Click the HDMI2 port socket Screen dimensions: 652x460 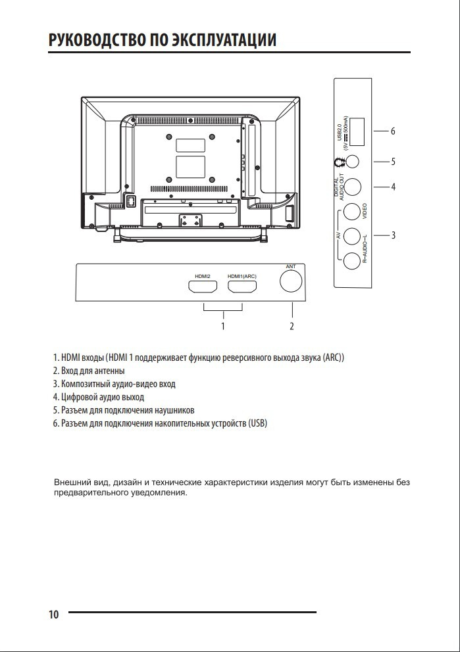pyautogui.click(x=202, y=287)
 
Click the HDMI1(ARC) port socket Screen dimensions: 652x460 pyautogui.click(x=242, y=287)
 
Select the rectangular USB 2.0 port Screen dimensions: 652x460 pyautogui.click(x=357, y=131)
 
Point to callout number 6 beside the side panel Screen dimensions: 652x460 pyautogui.click(x=393, y=131)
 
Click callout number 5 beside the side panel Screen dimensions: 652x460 pyautogui.click(x=393, y=162)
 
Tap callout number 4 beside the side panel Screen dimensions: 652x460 pyautogui.click(x=393, y=187)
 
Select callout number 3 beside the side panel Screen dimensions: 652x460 pyautogui.click(x=393, y=235)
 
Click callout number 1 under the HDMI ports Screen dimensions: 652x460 pyautogui.click(x=223, y=325)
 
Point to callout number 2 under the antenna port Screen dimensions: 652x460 pyautogui.click(x=292, y=325)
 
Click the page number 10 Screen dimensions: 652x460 pyautogui.click(x=53, y=615)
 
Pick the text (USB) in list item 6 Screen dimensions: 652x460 pyautogui.click(x=258, y=423)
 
